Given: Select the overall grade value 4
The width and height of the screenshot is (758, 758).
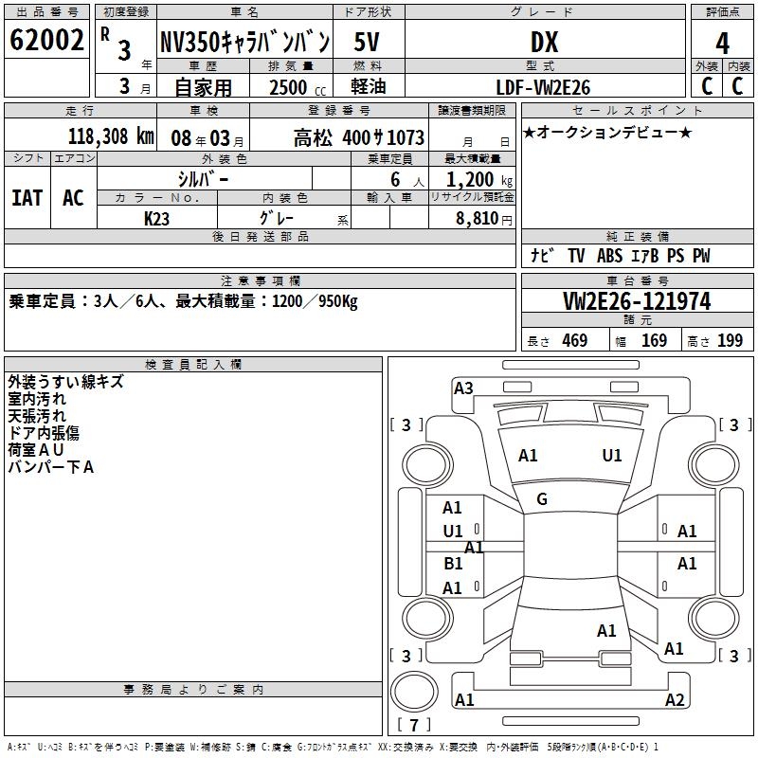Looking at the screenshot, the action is point(722,43).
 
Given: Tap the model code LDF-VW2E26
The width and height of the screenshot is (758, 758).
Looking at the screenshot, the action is point(543,87).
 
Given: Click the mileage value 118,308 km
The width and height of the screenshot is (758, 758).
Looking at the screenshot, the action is point(111,136).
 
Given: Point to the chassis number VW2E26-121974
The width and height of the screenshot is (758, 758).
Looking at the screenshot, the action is point(636,301).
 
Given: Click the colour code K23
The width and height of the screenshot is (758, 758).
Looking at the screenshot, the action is point(157,219).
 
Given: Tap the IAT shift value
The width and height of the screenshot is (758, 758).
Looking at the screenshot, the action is point(27,198).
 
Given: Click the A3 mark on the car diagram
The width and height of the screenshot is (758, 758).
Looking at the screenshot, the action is point(463,388).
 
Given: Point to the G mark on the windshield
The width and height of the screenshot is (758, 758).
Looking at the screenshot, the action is point(542,499).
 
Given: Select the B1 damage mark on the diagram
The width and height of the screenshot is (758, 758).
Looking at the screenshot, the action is point(453,564).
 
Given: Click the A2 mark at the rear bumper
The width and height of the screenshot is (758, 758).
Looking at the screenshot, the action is point(675,700).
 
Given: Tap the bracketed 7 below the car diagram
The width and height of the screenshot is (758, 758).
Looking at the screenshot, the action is point(413,726).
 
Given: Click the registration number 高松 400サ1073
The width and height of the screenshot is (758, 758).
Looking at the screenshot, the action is point(358,137).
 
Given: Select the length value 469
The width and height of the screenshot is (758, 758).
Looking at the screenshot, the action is point(574,341).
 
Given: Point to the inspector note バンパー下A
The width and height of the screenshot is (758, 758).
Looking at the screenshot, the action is point(50,466).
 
